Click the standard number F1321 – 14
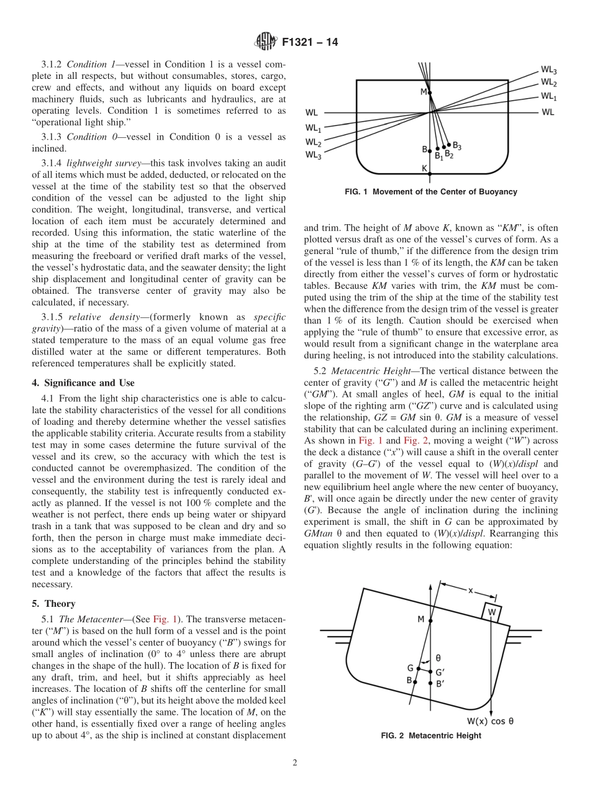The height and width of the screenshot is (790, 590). tap(310, 43)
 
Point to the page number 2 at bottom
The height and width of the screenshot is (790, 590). tap(294, 763)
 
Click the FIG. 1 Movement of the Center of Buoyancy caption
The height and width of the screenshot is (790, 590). tap(430, 192)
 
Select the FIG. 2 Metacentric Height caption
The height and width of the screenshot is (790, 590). tap(431, 736)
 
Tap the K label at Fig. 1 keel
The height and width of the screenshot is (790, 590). tap(424, 168)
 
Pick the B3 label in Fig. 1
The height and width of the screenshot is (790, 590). tap(456, 146)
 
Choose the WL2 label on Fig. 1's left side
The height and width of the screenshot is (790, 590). tap(313, 142)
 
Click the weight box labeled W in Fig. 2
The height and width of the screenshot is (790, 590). tap(492, 612)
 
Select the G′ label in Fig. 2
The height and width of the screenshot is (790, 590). tap(440, 672)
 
